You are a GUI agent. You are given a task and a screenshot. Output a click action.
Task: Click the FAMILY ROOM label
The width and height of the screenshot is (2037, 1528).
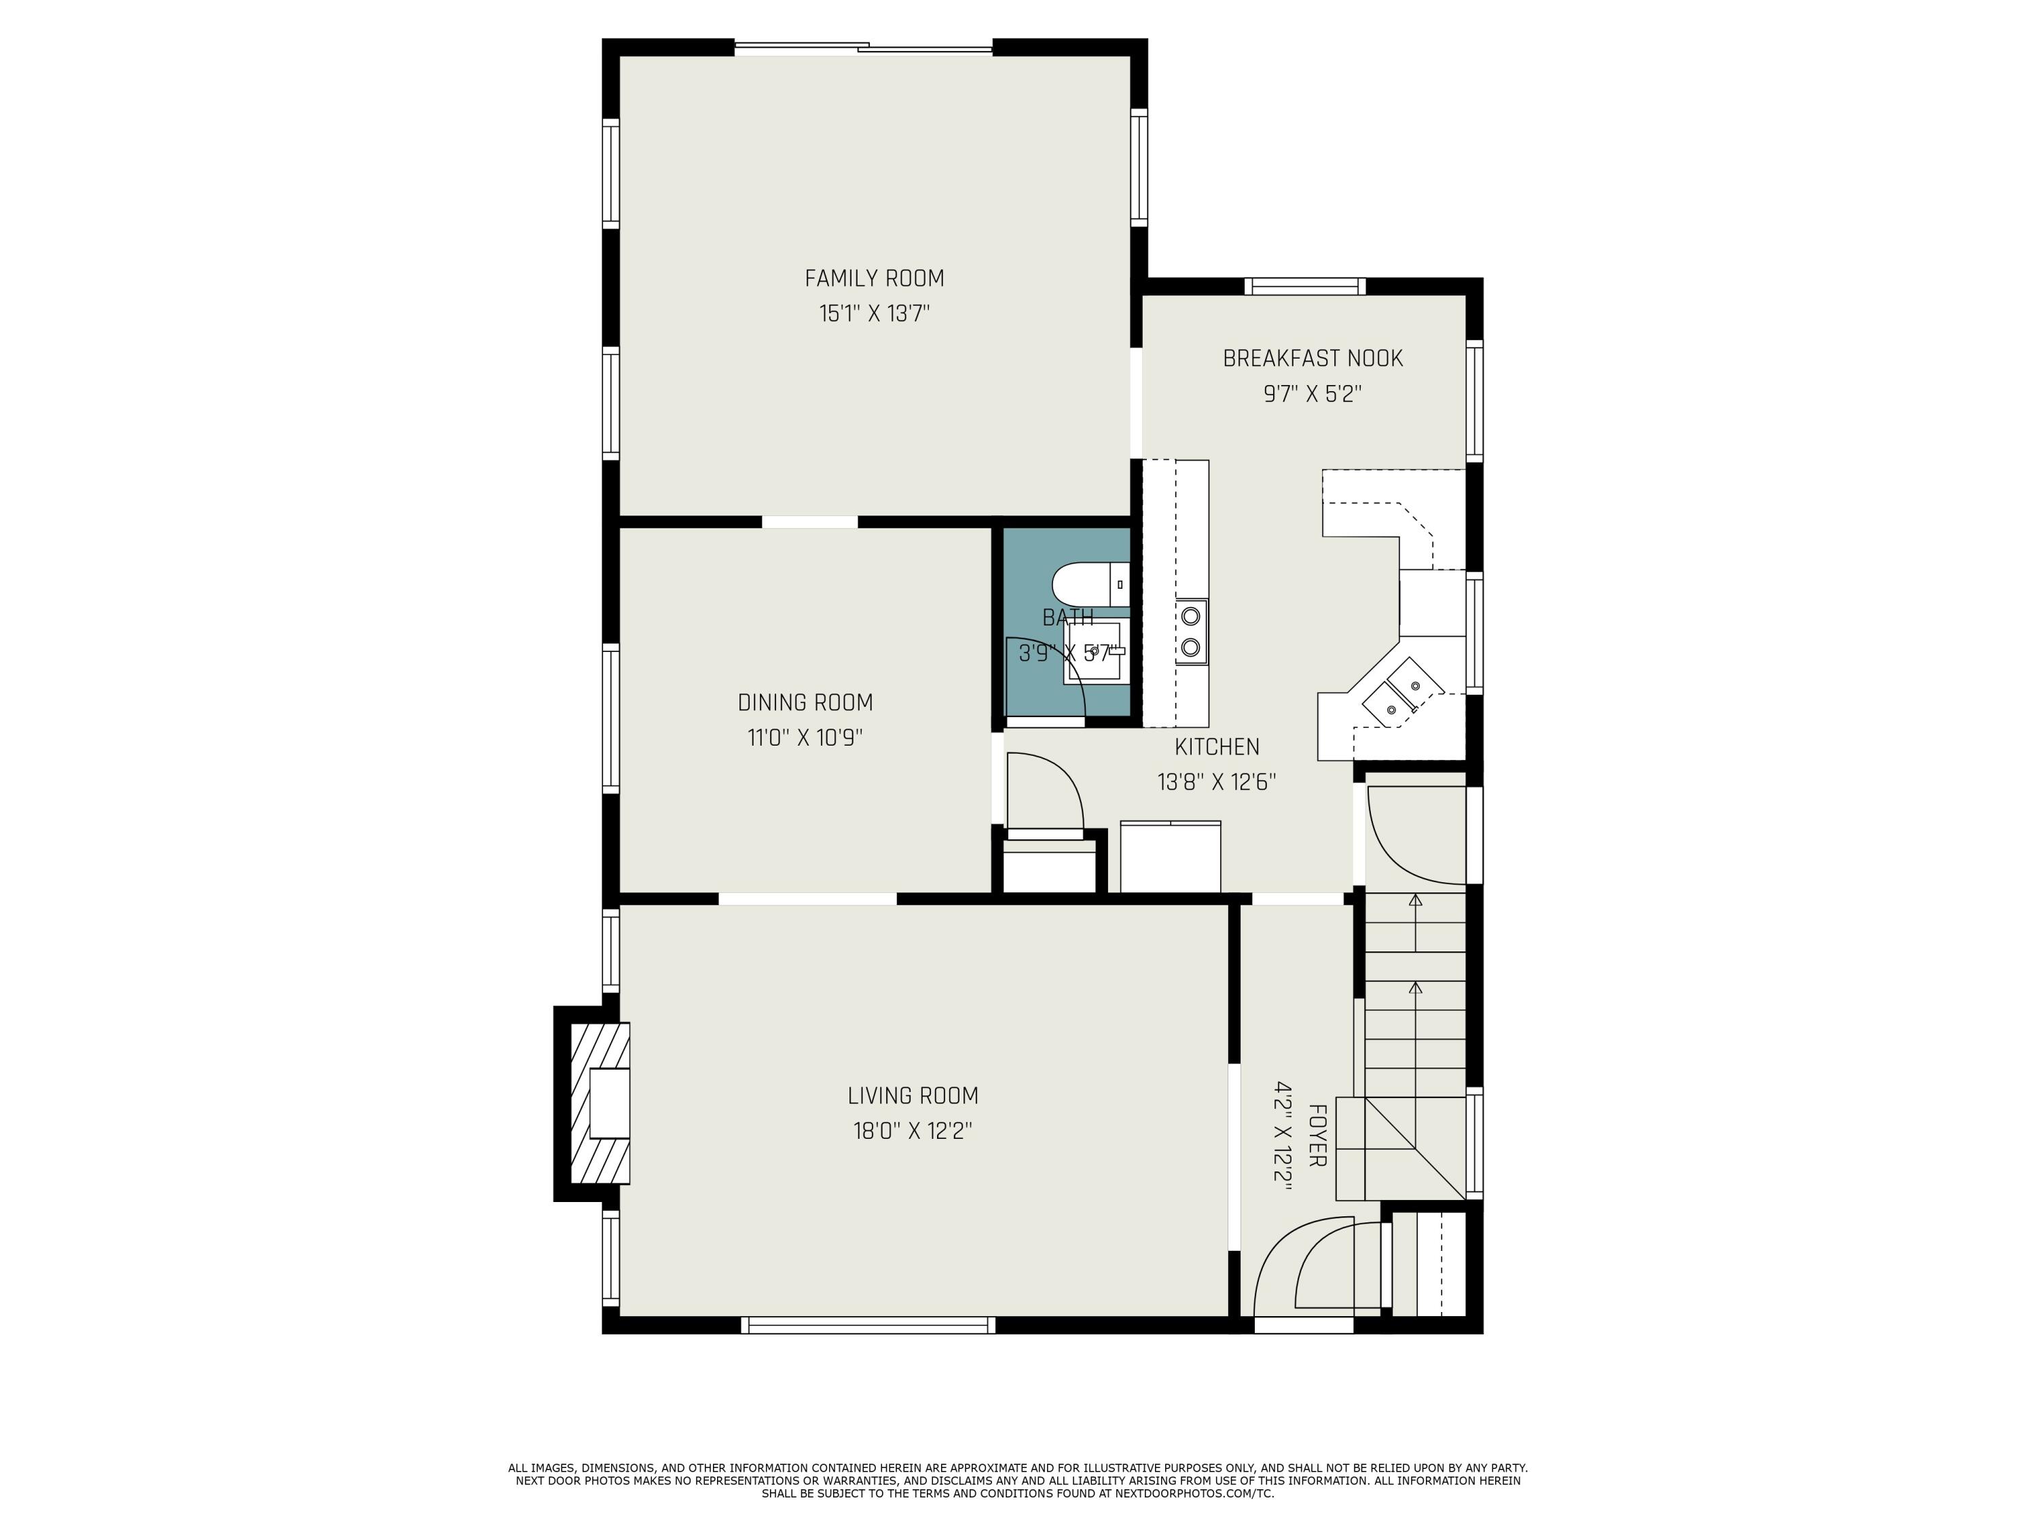click(874, 278)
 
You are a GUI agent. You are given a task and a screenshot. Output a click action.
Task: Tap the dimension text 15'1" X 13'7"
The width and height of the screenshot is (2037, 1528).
click(874, 314)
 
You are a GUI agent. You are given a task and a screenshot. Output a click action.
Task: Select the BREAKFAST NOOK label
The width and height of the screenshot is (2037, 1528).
click(1313, 359)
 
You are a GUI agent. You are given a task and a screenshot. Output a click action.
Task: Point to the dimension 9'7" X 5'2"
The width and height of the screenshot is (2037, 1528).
click(1313, 394)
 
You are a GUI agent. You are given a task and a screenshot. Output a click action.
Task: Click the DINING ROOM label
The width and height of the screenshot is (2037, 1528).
click(805, 703)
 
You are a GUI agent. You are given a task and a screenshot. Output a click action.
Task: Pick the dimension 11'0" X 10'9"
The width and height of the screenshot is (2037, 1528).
click(805, 738)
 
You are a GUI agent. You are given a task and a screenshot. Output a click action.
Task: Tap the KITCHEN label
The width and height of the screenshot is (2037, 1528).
click(1217, 747)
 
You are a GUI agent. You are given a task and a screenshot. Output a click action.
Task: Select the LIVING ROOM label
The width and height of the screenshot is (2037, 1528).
click(913, 1096)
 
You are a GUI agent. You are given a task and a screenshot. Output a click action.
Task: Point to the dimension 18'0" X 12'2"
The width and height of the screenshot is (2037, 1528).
click(913, 1131)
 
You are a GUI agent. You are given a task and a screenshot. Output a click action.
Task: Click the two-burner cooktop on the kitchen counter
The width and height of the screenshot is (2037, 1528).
click(1191, 632)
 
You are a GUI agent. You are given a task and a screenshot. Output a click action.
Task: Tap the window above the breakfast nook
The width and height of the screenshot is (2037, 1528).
click(1305, 287)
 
